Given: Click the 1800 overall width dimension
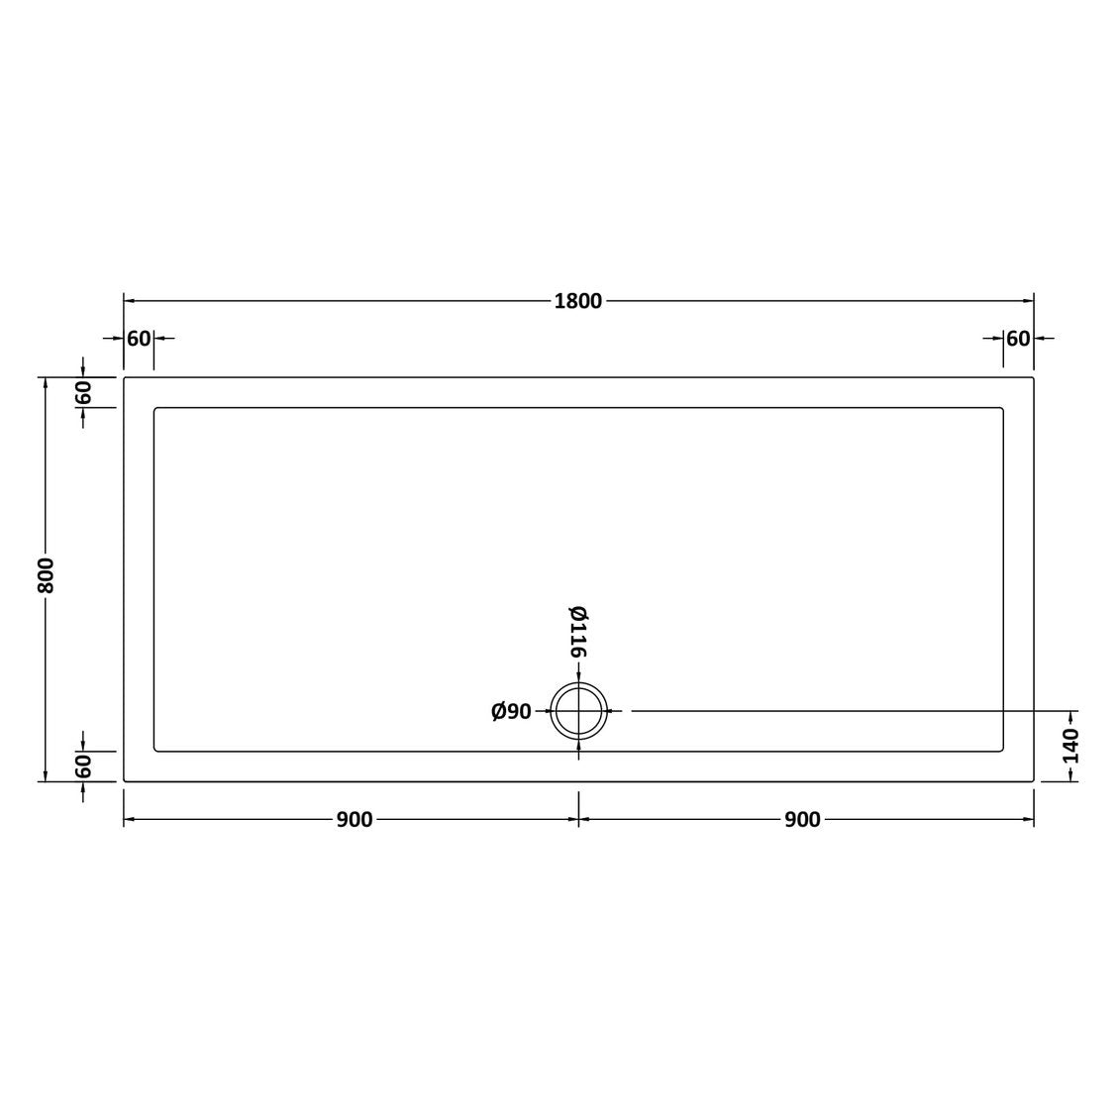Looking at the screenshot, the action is click(x=578, y=301).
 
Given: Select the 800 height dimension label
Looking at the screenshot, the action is click(x=46, y=575).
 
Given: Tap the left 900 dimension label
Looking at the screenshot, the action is click(x=355, y=819).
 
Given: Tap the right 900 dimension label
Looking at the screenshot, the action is click(x=802, y=819).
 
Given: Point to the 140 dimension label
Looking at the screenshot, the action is click(x=1070, y=746).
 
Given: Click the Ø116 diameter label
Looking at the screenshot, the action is click(x=578, y=632).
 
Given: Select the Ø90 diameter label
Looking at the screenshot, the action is click(x=511, y=711).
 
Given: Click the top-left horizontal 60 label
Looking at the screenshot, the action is click(x=139, y=339).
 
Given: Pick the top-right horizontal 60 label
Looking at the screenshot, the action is click(x=1018, y=339).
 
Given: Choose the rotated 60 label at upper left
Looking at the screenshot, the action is click(x=83, y=392).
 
